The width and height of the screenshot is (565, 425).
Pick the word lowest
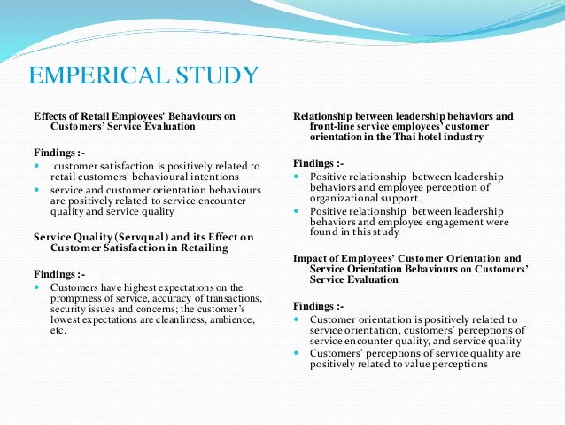pos(67,319)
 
